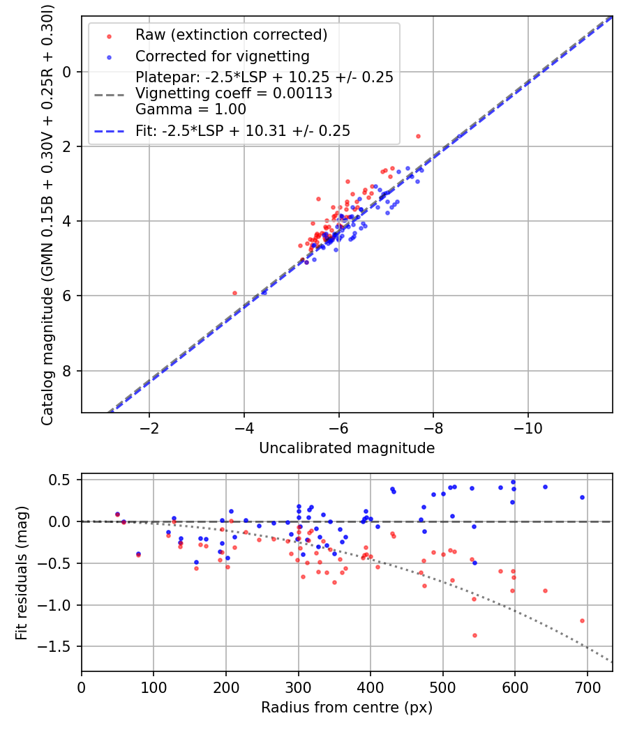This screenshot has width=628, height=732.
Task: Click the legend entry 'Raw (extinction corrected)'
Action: pyautogui.click(x=231, y=34)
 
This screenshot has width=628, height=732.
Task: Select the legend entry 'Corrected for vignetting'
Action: pyautogui.click(x=222, y=56)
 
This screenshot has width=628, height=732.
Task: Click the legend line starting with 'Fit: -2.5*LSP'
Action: pyautogui.click(x=243, y=130)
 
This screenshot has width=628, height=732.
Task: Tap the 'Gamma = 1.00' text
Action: pyautogui.click(x=190, y=109)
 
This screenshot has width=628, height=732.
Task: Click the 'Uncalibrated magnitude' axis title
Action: pyautogui.click(x=347, y=448)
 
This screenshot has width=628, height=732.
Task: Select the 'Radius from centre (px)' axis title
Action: pyautogui.click(x=347, y=708)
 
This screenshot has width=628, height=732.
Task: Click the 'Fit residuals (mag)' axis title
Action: pyautogui.click(x=22, y=573)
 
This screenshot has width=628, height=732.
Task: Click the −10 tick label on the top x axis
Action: pyautogui.click(x=528, y=427)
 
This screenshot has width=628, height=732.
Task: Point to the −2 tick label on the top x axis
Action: pyautogui.click(x=149, y=427)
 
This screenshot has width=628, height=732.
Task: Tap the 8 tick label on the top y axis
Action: pyautogui.click(x=68, y=370)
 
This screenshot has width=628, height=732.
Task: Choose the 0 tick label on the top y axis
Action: pyautogui.click(x=68, y=72)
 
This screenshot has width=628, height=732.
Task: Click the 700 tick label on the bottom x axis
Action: pyautogui.click(x=587, y=687)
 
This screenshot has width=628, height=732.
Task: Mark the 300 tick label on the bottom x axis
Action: pyautogui.click(x=298, y=687)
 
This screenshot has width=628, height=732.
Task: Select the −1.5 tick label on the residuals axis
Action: pyautogui.click(x=57, y=646)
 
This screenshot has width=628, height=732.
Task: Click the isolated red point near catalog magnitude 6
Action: pyautogui.click(x=234, y=293)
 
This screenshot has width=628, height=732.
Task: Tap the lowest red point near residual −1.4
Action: pyautogui.click(x=475, y=635)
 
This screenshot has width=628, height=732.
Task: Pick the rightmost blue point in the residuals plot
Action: pyautogui.click(x=582, y=498)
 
